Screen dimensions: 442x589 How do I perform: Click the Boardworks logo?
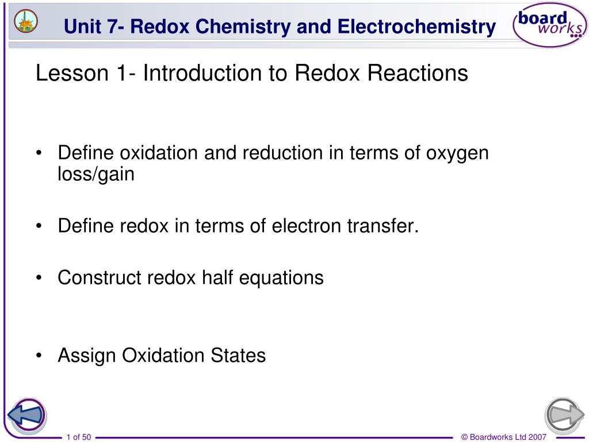click(549, 26)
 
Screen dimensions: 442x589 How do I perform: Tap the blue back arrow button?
click(26, 414)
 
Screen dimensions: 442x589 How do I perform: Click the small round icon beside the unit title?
click(26, 21)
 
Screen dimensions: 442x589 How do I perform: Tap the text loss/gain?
click(96, 174)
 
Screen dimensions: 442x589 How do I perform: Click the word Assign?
click(87, 356)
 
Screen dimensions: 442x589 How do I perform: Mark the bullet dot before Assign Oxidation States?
click(39, 356)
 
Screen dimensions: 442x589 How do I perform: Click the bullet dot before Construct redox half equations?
click(39, 278)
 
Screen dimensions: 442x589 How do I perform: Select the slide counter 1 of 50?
click(79, 437)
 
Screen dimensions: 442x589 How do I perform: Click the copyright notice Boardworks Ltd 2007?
click(504, 437)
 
